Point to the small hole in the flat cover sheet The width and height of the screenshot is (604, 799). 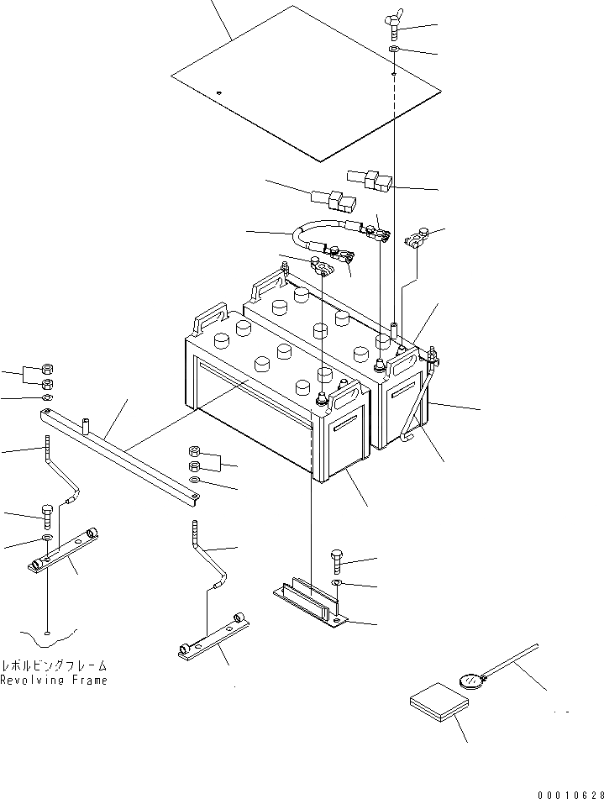[x=218, y=92]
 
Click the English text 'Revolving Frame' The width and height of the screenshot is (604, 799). [x=54, y=681]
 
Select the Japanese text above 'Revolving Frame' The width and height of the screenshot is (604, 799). [x=54, y=664]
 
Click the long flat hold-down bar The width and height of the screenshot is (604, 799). [x=122, y=459]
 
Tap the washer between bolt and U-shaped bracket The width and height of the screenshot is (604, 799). [x=336, y=583]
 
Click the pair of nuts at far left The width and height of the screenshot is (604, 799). [x=48, y=376]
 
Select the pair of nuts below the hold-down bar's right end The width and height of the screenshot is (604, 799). [x=194, y=458]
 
